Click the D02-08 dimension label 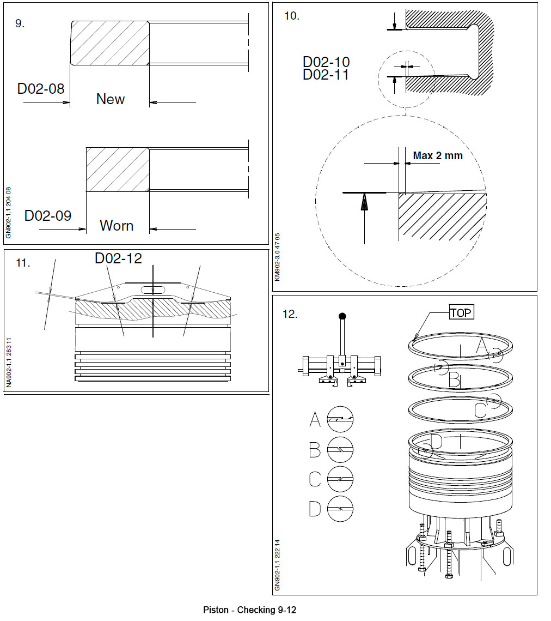[x=41, y=88]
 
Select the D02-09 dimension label [x=48, y=215]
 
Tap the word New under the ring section [x=111, y=99]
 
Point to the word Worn [x=117, y=226]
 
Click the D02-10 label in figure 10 [x=326, y=62]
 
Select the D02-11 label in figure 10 [x=326, y=75]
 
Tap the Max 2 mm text [x=438, y=156]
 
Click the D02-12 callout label [x=118, y=258]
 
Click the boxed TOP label [x=461, y=312]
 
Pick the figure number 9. [x=20, y=24]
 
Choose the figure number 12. [x=290, y=314]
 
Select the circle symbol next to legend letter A [x=340, y=420]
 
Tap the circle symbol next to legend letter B [x=340, y=450]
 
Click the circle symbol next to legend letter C [x=340, y=479]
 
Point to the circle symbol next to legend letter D [x=340, y=509]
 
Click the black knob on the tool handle [x=342, y=316]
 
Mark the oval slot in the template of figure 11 [x=153, y=290]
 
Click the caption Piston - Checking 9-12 [x=249, y=610]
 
